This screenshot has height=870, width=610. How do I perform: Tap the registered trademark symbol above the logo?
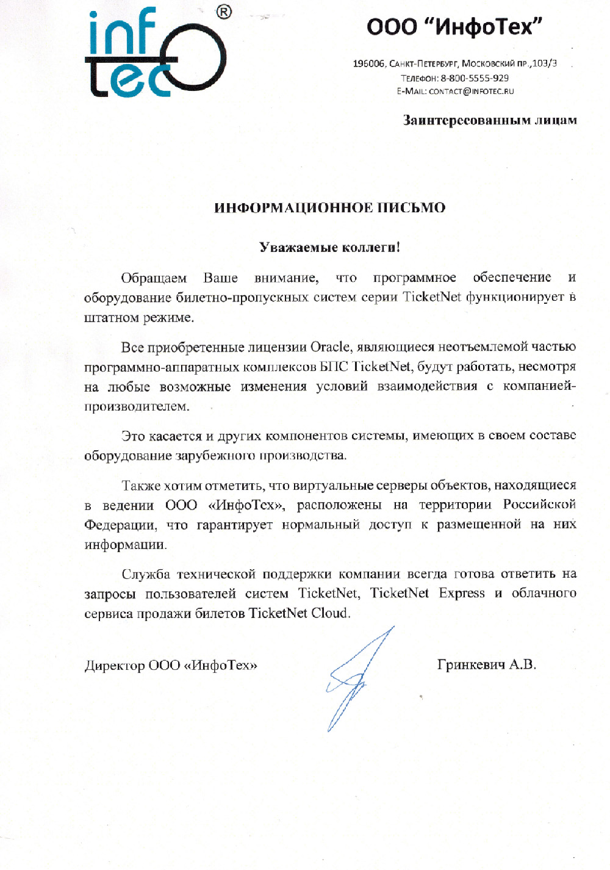[x=224, y=12]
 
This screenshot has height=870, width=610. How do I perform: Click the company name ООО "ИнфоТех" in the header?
[x=454, y=27]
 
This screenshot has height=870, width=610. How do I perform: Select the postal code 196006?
[x=368, y=63]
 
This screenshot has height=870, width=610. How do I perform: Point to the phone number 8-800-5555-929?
[x=475, y=78]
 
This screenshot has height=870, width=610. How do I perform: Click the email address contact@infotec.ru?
[x=471, y=92]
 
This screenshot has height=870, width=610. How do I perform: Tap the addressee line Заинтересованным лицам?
[x=489, y=120]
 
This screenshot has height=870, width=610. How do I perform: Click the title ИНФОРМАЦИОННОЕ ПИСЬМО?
[x=329, y=207]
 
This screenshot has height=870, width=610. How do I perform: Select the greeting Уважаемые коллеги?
[x=329, y=247]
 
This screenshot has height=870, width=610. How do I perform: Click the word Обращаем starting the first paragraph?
[x=154, y=278]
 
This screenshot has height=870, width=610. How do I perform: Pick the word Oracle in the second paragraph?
[x=330, y=347]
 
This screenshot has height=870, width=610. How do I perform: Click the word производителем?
[x=137, y=406]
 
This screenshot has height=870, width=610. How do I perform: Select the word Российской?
[x=539, y=505]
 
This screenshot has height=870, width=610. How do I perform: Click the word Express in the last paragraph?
[x=462, y=594]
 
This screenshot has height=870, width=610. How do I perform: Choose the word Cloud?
[x=329, y=613]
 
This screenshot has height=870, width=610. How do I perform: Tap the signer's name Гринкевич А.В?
[x=486, y=665]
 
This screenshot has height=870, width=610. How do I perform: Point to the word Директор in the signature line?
[x=114, y=666]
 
